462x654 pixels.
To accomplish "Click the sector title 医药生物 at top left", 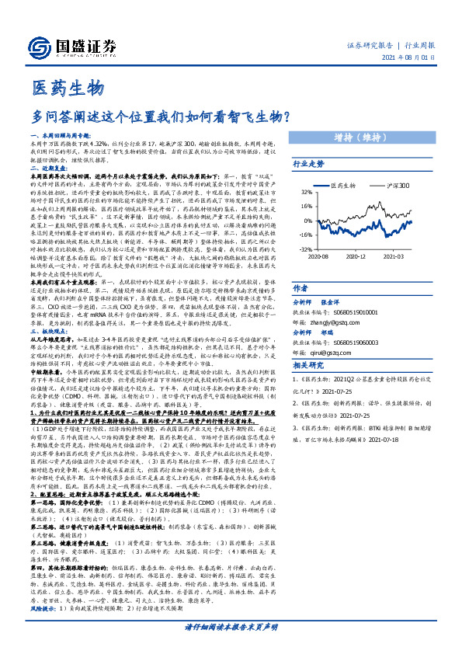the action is [68, 87].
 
